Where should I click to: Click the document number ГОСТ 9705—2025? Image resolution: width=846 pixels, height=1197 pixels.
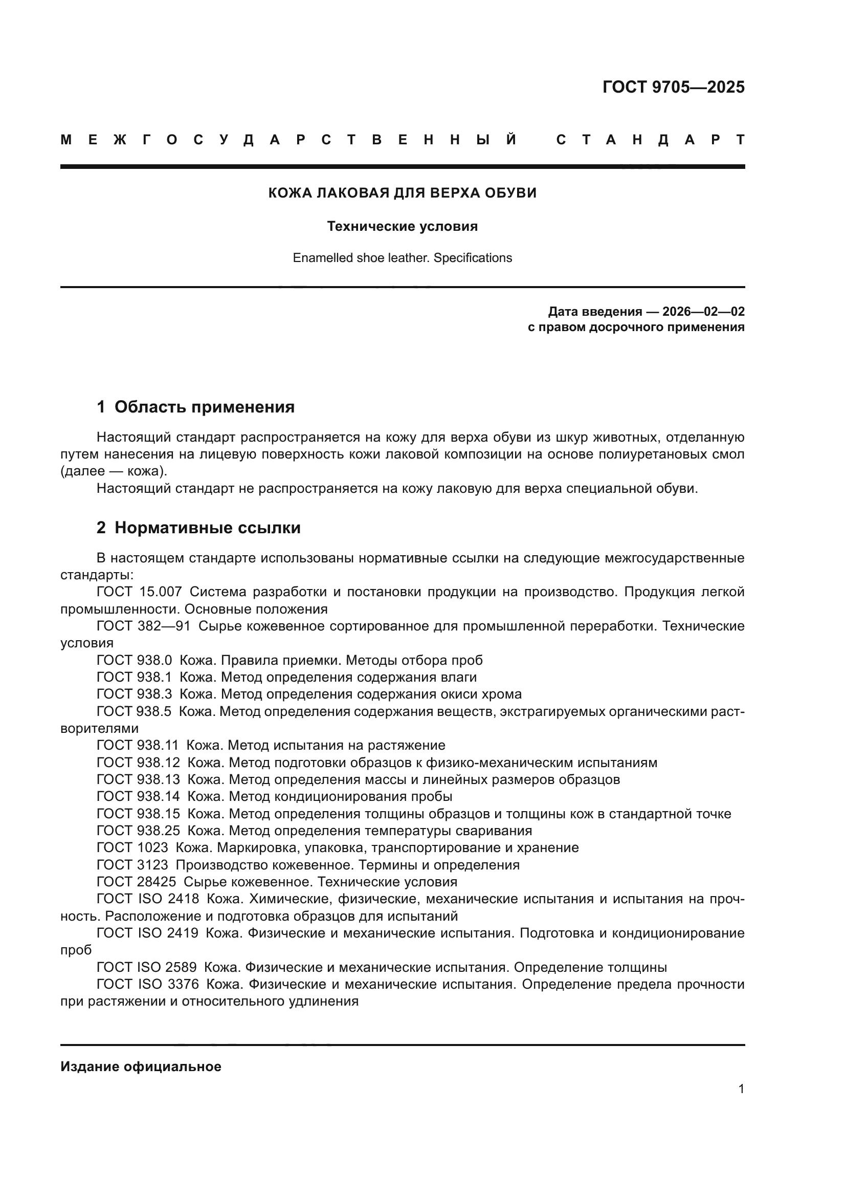tap(673, 87)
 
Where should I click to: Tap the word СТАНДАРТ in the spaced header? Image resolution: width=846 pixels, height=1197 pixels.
tap(650, 140)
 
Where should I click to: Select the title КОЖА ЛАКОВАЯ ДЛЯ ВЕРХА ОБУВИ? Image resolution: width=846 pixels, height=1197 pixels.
tap(402, 193)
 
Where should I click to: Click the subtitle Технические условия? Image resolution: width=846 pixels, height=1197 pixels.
tap(402, 227)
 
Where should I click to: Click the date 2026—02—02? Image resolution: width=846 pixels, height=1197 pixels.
tap(703, 312)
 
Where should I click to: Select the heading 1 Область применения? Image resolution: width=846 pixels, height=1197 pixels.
tap(196, 407)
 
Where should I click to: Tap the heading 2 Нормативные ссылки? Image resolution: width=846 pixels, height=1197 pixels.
tap(198, 528)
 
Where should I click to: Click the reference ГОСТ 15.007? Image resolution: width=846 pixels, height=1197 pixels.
tap(139, 592)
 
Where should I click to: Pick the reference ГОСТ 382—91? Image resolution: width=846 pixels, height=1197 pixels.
tap(143, 626)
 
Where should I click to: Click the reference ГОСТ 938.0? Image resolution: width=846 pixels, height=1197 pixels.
tap(134, 661)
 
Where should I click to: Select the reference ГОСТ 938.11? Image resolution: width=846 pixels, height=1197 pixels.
tap(138, 746)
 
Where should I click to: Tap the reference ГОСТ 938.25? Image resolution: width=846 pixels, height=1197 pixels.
tap(138, 831)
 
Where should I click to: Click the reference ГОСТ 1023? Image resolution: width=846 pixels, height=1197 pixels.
tap(132, 847)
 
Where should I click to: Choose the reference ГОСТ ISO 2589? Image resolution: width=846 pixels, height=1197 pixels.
tap(146, 968)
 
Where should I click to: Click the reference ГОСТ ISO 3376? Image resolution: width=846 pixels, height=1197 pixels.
tap(147, 984)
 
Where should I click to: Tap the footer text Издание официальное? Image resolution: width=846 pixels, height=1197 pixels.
tap(141, 1067)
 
